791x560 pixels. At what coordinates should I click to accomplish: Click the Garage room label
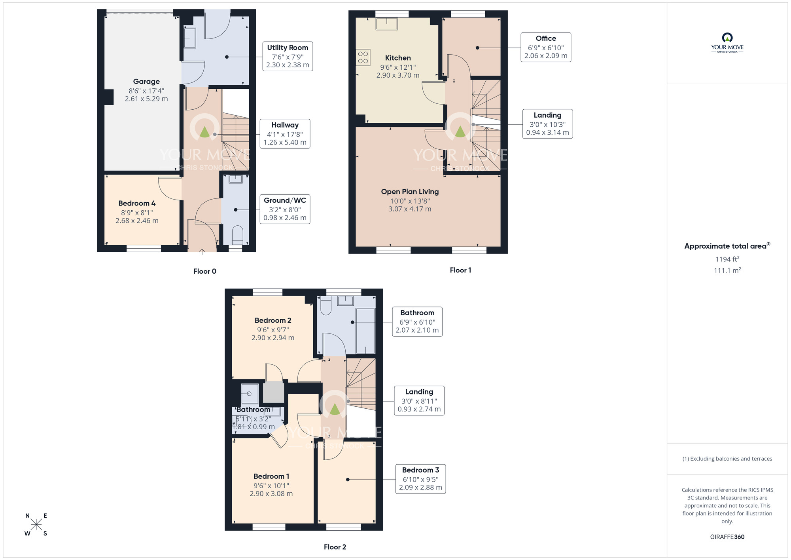coord(146,82)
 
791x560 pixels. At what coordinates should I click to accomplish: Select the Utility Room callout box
coord(288,56)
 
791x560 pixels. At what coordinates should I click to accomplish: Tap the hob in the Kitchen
coord(363,57)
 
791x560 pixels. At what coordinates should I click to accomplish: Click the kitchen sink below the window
coord(386,24)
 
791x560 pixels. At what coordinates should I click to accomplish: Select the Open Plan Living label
coord(410,192)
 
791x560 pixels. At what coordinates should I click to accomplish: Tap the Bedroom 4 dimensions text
coord(137,217)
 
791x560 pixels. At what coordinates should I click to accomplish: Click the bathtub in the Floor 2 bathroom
coord(365,331)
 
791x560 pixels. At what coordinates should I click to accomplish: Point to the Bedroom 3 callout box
coord(420,479)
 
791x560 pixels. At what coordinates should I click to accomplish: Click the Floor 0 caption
coord(204,271)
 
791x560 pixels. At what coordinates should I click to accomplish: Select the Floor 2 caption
coord(335,547)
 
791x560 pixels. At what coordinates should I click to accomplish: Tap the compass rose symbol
coord(36,525)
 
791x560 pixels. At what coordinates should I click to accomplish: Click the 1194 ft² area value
coord(727,259)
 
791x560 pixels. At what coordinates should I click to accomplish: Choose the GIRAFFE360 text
coord(727,537)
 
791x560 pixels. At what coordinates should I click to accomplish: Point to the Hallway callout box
coord(285,134)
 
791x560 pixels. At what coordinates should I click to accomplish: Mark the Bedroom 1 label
coord(271,476)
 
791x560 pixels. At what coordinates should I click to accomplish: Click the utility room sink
coord(190,38)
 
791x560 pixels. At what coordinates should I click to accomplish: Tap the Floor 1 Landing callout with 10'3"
coord(547,124)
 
